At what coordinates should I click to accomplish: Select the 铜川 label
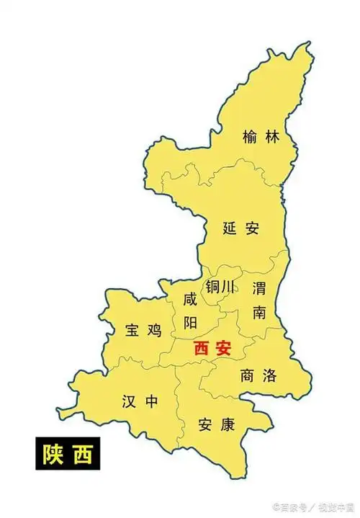pyautogui.click(x=220, y=287)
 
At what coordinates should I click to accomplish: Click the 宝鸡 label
pyautogui.click(x=143, y=331)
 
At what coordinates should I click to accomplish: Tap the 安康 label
pyautogui.click(x=217, y=424)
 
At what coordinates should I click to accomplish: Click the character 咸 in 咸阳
pyautogui.click(x=190, y=299)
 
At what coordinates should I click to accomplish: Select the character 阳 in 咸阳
pyautogui.click(x=190, y=322)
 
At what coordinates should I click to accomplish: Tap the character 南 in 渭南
pyautogui.click(x=259, y=312)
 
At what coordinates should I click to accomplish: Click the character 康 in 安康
pyautogui.click(x=228, y=424)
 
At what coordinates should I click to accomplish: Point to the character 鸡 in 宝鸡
pyautogui.click(x=154, y=331)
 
